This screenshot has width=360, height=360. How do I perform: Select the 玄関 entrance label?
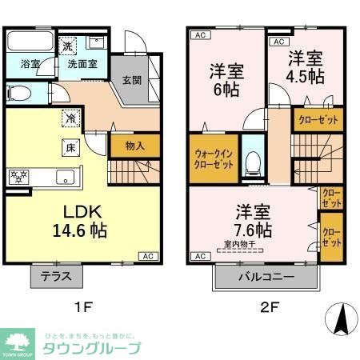(x=132, y=80)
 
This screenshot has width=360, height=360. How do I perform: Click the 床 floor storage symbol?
(x=70, y=147)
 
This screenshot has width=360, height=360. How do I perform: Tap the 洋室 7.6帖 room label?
(x=253, y=221)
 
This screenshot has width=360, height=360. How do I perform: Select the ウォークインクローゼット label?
(x=214, y=158)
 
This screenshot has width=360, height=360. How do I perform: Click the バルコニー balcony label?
(x=266, y=277)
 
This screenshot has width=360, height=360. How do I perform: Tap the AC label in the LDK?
(x=148, y=256)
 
